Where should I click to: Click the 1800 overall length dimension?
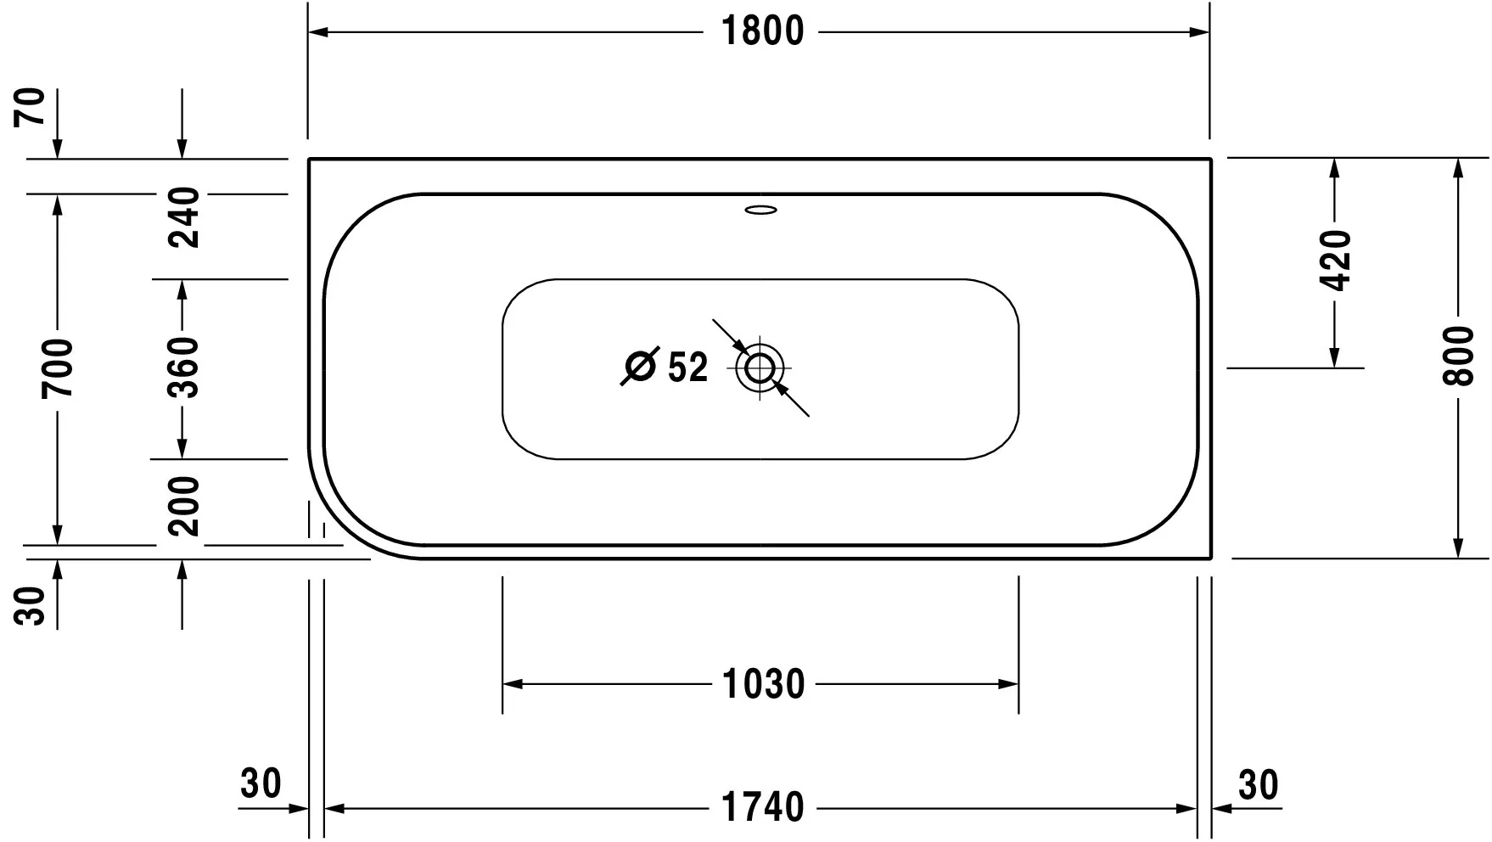click(x=761, y=32)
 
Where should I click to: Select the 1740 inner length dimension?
click(x=761, y=807)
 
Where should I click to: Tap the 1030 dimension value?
click(x=762, y=684)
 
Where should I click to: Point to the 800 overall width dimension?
click(x=1458, y=356)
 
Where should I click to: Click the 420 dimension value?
click(x=1335, y=260)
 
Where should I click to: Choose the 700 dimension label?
click(x=58, y=368)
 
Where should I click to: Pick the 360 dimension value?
click(x=182, y=368)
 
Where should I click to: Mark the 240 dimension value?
click(x=182, y=218)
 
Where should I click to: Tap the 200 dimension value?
click(x=182, y=507)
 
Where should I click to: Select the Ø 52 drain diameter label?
click(x=666, y=368)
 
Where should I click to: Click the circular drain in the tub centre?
click(x=760, y=368)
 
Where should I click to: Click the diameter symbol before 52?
click(x=641, y=367)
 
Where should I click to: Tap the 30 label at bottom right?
click(x=1258, y=786)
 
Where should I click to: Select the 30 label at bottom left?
click(x=261, y=784)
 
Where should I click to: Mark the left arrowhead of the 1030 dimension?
click(x=513, y=684)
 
